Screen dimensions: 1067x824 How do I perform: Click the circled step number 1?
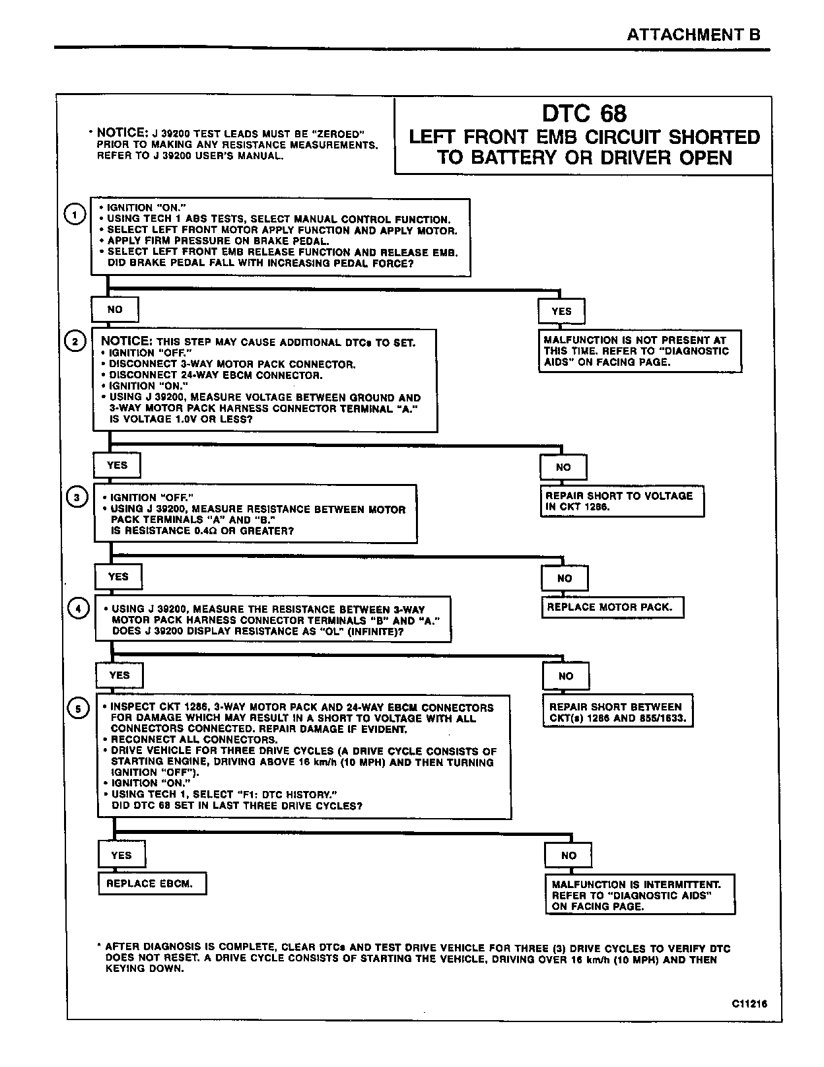pyautogui.click(x=75, y=215)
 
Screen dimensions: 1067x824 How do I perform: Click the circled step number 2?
pyautogui.click(x=75, y=341)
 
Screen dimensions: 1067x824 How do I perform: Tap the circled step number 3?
pyautogui.click(x=77, y=497)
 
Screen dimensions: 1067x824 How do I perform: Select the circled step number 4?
pyautogui.click(x=78, y=608)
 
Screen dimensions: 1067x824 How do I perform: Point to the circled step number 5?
pyautogui.click(x=79, y=709)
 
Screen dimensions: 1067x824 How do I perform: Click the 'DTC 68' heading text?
pyautogui.click(x=584, y=114)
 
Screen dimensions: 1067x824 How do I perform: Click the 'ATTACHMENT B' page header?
pyautogui.click(x=693, y=35)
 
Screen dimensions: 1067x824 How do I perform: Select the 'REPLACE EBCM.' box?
pyautogui.click(x=152, y=883)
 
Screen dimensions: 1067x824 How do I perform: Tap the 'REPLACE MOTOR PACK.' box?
pyautogui.click(x=612, y=607)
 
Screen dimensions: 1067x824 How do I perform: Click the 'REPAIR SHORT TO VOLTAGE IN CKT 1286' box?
pyautogui.click(x=622, y=501)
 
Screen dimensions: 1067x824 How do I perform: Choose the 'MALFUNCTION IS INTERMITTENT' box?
pyautogui.click(x=640, y=895)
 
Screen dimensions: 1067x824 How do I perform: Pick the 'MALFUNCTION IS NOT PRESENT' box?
pyautogui.click(x=639, y=351)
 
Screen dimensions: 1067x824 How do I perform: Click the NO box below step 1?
pyautogui.click(x=115, y=309)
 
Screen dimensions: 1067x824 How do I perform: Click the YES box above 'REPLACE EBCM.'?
pyautogui.click(x=121, y=855)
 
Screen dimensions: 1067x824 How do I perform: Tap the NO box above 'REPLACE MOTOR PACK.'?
pyautogui.click(x=565, y=578)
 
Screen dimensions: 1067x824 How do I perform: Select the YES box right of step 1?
pyautogui.click(x=561, y=311)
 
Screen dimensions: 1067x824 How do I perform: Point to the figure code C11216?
pyautogui.click(x=749, y=1004)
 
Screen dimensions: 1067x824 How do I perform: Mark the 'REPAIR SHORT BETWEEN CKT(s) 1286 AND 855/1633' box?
pyautogui.click(x=617, y=712)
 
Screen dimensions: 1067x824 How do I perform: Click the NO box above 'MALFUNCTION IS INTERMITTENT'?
pyautogui.click(x=568, y=855)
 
